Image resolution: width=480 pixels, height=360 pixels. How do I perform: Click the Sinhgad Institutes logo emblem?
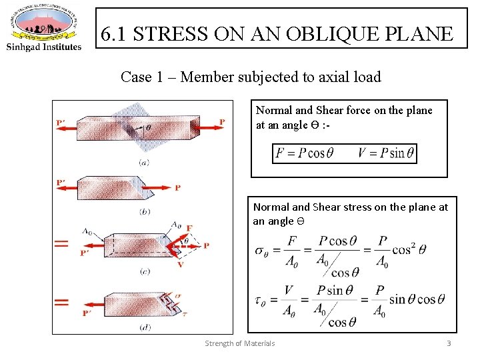tap(43, 23)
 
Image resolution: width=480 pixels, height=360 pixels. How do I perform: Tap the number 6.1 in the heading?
tap(114, 34)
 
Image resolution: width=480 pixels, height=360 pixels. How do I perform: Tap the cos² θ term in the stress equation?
tap(409, 250)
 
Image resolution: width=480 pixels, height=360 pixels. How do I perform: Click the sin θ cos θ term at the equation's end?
tap(417, 299)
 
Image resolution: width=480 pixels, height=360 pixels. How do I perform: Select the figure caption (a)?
tap(143, 162)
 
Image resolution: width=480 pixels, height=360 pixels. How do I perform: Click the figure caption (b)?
tap(144, 211)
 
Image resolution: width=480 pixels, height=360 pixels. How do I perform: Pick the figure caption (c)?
tap(144, 271)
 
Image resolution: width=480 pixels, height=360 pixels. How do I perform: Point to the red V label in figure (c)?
tap(181, 265)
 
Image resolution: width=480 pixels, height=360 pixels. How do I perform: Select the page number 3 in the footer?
tap(449, 343)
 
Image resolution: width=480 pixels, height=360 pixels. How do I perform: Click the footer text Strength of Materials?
tap(239, 343)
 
